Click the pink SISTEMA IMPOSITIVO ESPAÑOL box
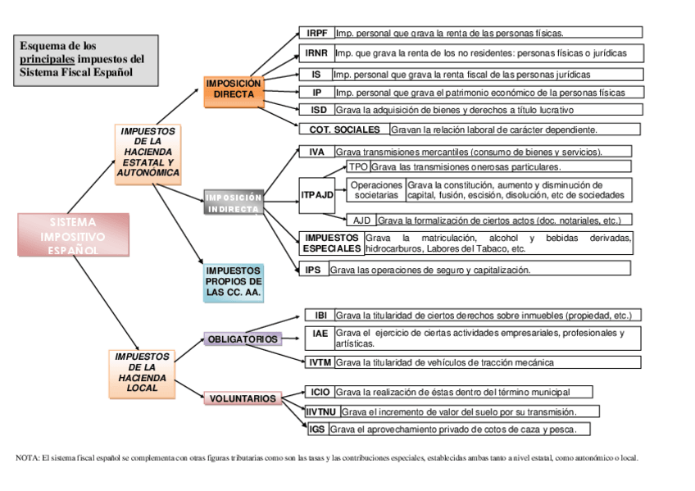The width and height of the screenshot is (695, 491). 73,234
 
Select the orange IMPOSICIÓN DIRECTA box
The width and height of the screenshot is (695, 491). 234,89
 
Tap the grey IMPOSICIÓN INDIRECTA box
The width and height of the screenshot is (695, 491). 234,203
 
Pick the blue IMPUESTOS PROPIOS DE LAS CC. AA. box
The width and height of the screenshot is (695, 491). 234,281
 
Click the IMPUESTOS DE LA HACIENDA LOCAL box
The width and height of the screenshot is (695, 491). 142,372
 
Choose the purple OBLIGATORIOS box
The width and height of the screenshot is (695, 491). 242,339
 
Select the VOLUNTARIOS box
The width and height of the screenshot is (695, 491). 242,398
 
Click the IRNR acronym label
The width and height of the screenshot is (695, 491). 316,53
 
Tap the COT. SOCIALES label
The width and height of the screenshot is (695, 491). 344,130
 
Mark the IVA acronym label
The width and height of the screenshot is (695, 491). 316,152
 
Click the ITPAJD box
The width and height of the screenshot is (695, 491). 317,194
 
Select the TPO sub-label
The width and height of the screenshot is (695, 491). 358,166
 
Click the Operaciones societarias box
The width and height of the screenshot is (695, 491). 376,190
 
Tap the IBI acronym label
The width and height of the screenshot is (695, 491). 320,315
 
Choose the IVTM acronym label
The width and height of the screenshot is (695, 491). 320,361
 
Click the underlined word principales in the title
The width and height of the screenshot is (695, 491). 47,59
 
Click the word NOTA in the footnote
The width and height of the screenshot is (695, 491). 27,458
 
